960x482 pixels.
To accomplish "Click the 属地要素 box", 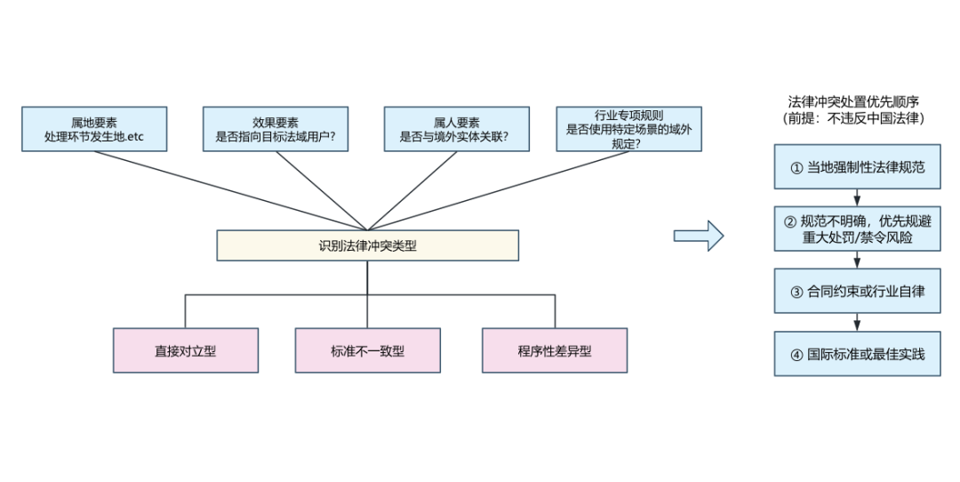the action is click(x=94, y=129).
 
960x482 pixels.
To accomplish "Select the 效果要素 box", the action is click(x=276, y=129).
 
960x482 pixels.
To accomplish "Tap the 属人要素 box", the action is click(x=457, y=129).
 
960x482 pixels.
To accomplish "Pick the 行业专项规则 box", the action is click(x=628, y=129).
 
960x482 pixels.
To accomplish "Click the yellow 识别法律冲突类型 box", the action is click(x=367, y=245).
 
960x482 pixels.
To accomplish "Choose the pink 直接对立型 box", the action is click(x=186, y=350).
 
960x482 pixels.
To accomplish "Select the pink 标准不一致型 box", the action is click(x=367, y=350).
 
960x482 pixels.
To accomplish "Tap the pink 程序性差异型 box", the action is click(x=555, y=350).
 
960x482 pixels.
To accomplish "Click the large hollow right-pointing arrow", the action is click(x=699, y=236).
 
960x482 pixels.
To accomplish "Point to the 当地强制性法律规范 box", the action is click(x=857, y=166).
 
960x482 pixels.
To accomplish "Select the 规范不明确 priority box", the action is click(x=857, y=229).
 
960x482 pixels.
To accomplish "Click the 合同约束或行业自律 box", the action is click(x=857, y=291).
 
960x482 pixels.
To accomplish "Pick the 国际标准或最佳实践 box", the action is click(x=857, y=353).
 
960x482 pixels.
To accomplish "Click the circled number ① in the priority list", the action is click(x=796, y=168).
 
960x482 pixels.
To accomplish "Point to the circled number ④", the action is click(x=796, y=355).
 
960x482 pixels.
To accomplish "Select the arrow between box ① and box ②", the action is click(x=857, y=197).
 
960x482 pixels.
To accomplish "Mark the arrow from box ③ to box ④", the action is click(x=857, y=322).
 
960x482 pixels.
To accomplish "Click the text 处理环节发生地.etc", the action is click(x=94, y=137).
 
